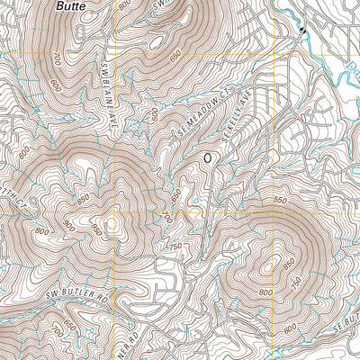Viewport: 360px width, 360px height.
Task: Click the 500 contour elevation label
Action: [x=155, y=114]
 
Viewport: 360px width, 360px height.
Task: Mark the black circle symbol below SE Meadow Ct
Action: [x=208, y=157]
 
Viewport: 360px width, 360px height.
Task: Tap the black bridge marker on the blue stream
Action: [x=301, y=31]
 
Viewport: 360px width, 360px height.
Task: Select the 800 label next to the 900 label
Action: [x=41, y=231]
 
